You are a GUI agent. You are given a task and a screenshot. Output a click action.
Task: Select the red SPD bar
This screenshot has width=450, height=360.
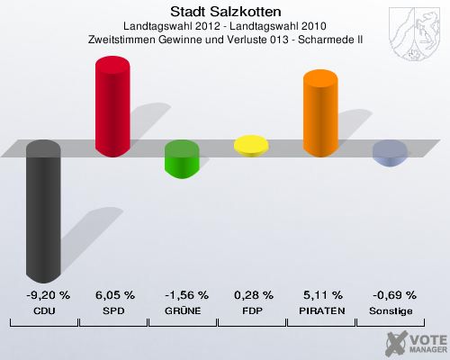coord(112,104)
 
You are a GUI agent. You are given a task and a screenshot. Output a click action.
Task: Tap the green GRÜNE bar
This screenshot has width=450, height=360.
coord(182,159)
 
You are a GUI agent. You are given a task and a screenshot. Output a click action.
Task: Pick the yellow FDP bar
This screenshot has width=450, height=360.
coord(252,145)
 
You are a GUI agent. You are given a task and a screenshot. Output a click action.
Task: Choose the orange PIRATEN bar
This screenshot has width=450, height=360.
coord(320,112)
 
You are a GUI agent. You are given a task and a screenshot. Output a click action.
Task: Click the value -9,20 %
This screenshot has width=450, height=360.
coord(43,295)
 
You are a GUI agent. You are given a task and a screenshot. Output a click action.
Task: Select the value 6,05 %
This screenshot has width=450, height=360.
coord(114,295)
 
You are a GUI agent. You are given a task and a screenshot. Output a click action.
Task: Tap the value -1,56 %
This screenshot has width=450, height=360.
coord(183,295)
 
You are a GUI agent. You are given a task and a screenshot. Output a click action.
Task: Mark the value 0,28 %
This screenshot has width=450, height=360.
coord(253,295)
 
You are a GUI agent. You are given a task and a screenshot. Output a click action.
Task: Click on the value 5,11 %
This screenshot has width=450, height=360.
coord(322,295)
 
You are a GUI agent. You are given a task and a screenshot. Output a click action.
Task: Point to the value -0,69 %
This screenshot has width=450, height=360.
coord(391,295)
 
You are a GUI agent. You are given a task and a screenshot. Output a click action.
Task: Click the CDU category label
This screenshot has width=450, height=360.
coord(43,310)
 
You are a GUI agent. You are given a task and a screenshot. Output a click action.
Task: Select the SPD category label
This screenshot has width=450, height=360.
coord(114,310)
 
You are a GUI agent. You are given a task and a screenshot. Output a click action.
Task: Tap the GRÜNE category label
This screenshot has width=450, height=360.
coord(183,310)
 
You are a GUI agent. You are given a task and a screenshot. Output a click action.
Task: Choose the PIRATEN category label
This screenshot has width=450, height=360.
coord(322,310)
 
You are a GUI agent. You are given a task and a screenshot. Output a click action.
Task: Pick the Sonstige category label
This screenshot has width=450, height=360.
coord(391,310)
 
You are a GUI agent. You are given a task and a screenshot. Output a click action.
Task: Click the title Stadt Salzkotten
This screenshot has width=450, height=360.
coord(225,12)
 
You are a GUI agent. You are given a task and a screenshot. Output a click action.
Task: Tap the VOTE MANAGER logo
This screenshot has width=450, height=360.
coord(414,343)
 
